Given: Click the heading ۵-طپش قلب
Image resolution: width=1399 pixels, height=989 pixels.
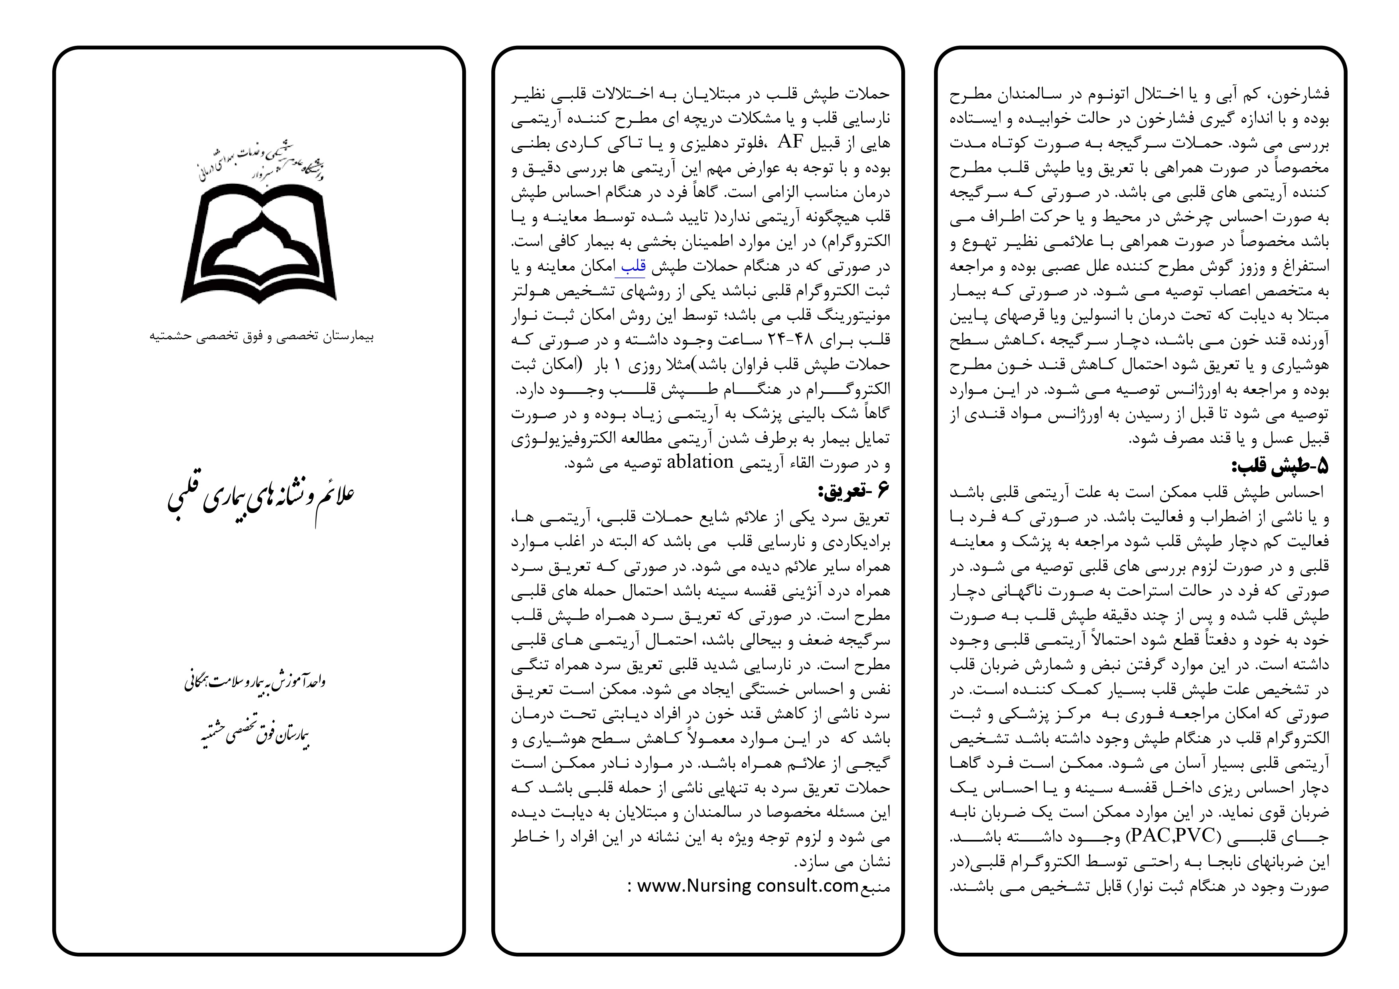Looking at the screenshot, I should point(1280,466).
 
